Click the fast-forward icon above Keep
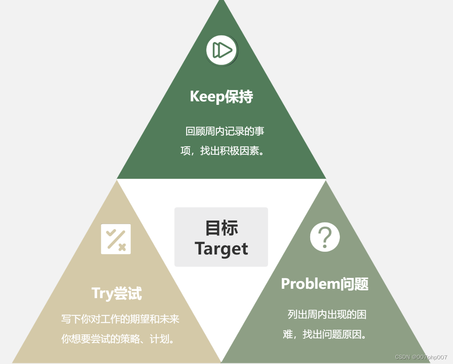[222, 50]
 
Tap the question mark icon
[325, 237]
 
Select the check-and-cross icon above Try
[116, 239]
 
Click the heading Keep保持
[221, 96]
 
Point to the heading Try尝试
[116, 293]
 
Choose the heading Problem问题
[325, 284]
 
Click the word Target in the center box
[221, 249]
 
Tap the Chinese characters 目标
[222, 228]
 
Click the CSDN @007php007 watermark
[421, 357]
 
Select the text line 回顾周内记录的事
[225, 131]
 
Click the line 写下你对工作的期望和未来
[120, 319]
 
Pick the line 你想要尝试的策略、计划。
[118, 339]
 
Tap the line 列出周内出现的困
[327, 314]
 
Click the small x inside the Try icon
[122, 247]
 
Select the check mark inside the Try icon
[110, 233]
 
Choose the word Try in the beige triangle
[102, 293]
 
